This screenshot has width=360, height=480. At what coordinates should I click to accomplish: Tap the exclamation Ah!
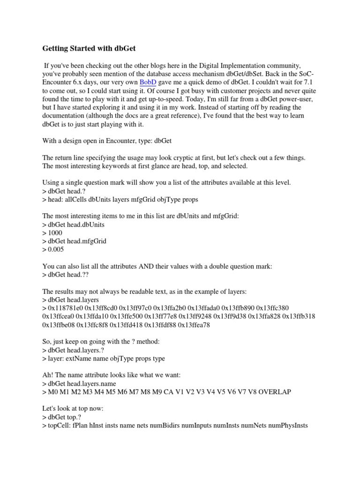click(49, 375)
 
